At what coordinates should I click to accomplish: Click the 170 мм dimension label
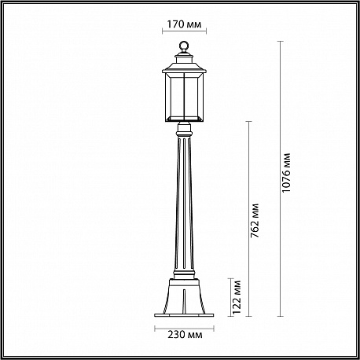[x=184, y=24]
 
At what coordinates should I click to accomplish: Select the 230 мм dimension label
[x=185, y=335]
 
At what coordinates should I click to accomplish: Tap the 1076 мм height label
[x=287, y=172]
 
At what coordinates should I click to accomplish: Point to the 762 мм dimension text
[x=255, y=221]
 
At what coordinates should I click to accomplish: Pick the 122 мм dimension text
[x=237, y=297]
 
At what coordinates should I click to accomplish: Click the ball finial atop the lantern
[x=184, y=46]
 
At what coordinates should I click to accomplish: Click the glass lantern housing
[x=184, y=97]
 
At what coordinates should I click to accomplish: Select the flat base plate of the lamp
[x=185, y=315]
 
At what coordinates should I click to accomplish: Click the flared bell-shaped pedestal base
[x=185, y=296]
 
